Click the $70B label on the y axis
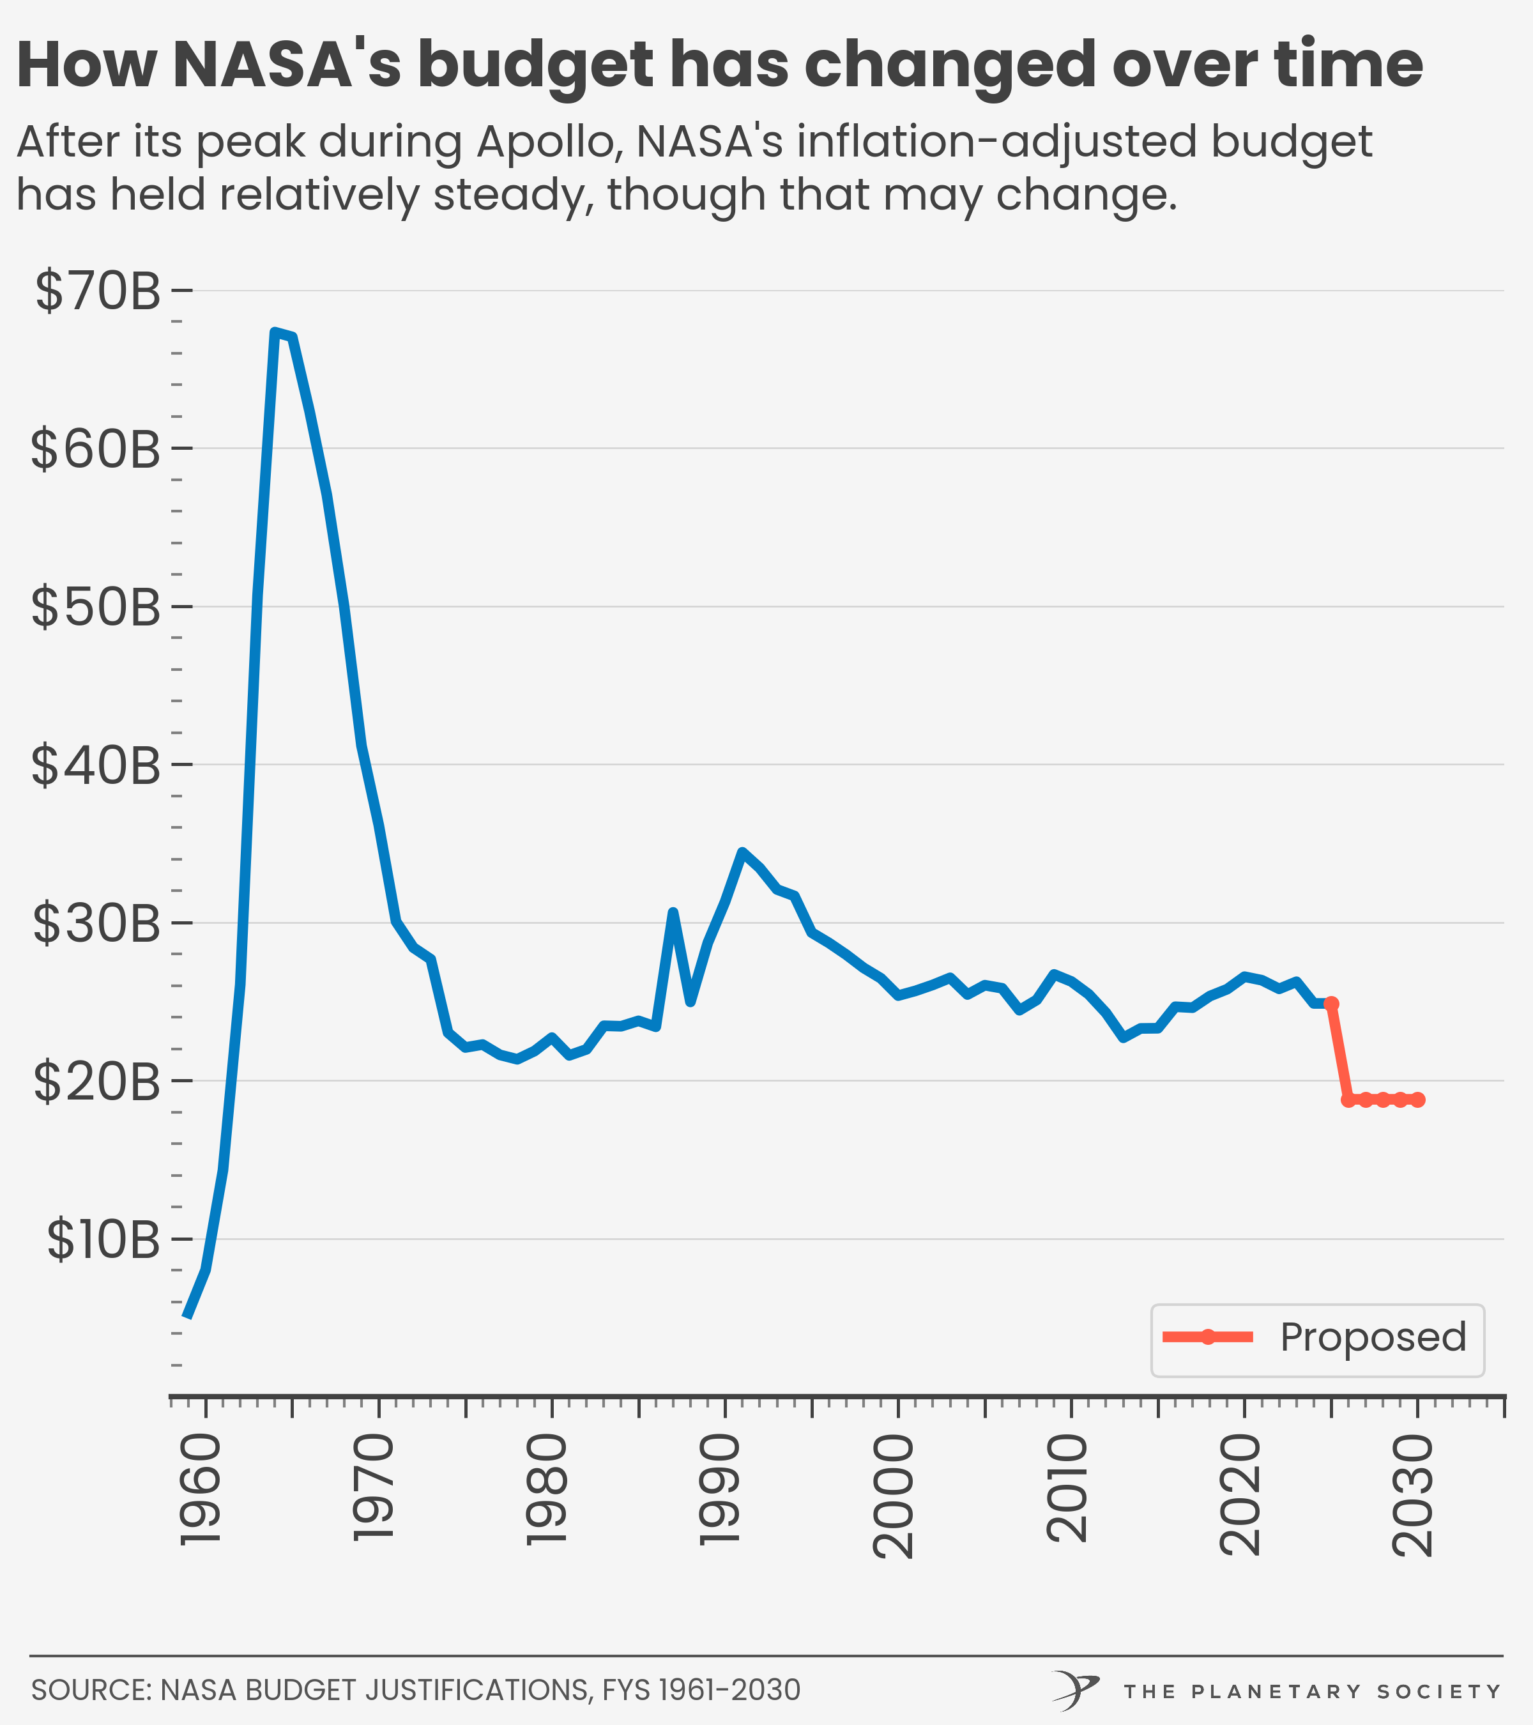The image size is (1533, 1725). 97,291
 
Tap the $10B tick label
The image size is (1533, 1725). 103,1239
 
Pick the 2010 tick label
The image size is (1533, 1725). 1067,1489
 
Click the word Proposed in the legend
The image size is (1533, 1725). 1373,1337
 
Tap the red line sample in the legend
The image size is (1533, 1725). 1207,1337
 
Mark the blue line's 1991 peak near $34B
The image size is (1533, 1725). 742,852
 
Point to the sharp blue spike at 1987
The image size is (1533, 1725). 673,912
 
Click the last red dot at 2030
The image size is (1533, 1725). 1417,1100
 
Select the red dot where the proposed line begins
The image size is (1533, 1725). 1331,1004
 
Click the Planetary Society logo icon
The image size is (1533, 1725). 1076,1690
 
